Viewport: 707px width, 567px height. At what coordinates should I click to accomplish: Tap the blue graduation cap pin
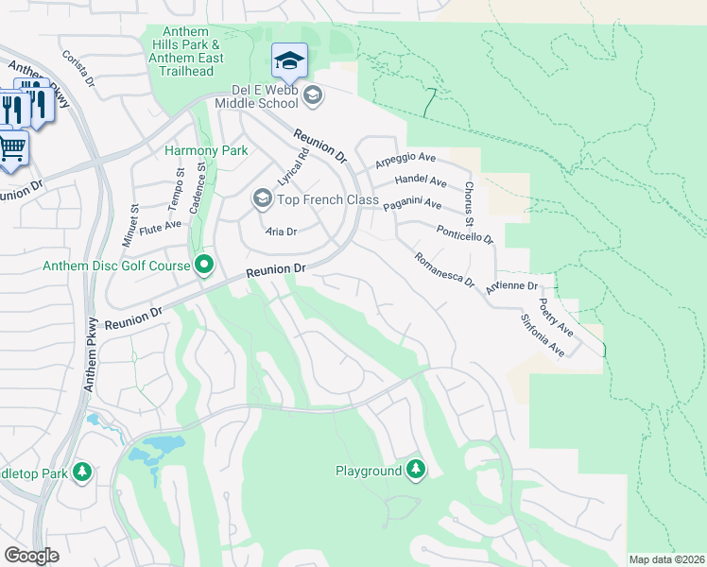288,61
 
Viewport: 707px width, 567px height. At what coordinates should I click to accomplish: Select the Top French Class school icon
261,198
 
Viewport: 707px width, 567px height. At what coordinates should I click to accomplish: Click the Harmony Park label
206,150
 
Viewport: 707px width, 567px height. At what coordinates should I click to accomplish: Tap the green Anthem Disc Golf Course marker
203,266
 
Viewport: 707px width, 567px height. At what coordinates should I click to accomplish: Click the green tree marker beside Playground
415,470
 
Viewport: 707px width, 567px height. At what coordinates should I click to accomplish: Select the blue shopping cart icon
12,148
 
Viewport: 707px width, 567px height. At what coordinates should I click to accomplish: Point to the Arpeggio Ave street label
405,159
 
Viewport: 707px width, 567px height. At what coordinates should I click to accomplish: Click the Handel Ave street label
421,180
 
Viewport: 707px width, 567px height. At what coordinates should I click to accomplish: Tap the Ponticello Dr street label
465,233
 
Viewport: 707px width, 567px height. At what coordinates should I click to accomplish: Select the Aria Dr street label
281,232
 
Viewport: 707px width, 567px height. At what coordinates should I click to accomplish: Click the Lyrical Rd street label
293,166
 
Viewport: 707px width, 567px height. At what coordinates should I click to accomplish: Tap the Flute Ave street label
159,226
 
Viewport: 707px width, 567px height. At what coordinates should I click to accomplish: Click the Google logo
31,555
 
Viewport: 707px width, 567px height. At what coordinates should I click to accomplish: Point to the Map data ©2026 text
666,559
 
